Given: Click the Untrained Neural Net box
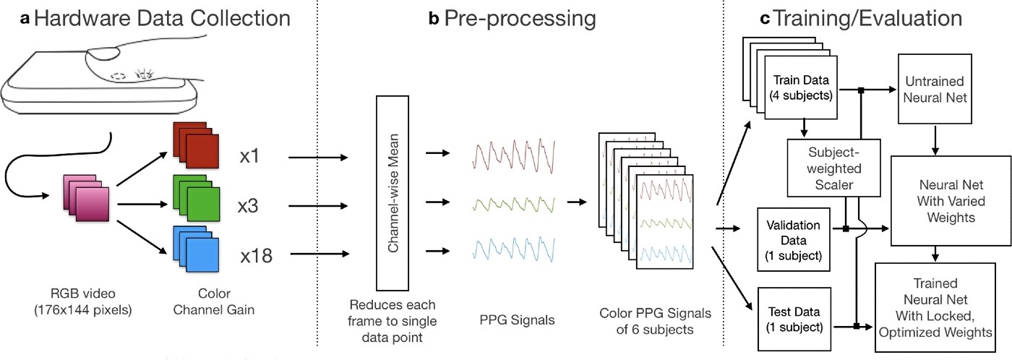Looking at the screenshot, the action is click(x=935, y=89).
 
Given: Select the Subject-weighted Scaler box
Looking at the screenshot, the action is click(x=834, y=168).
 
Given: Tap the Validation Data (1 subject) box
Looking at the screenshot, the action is click(x=794, y=240).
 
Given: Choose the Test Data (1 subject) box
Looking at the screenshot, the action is click(x=794, y=320).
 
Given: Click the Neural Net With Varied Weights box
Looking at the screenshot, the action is click(x=951, y=201).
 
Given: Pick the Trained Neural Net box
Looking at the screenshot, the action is click(x=935, y=308).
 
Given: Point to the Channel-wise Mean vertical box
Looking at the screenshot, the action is click(x=393, y=193).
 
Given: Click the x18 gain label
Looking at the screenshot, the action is click(x=256, y=256).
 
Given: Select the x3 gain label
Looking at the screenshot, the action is click(x=248, y=206).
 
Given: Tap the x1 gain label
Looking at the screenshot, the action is click(x=249, y=156).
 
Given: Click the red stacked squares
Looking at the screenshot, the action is click(x=196, y=145).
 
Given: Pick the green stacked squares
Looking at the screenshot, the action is click(x=196, y=198).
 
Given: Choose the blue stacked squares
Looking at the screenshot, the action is click(x=196, y=249).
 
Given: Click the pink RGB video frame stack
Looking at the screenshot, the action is click(x=86, y=198).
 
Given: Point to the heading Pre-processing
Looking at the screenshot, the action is click(x=520, y=19).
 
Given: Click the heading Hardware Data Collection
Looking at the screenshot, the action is click(x=162, y=19).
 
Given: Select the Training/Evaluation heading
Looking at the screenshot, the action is click(x=867, y=19).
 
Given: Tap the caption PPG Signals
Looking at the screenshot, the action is click(x=517, y=320).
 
